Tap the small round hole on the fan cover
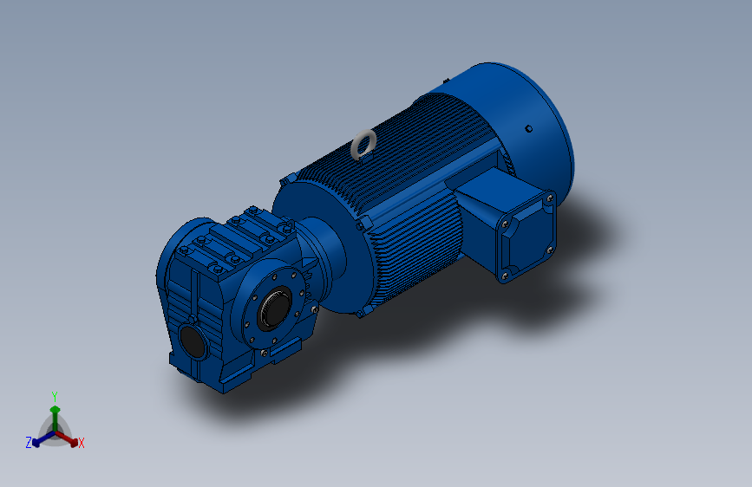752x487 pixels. (528, 128)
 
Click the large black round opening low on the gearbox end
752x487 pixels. (193, 341)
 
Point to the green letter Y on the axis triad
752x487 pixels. (55, 396)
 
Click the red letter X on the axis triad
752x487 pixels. (81, 443)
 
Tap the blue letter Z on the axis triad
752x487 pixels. (29, 443)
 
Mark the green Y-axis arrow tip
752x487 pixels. (56, 408)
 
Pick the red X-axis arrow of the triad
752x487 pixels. (67, 438)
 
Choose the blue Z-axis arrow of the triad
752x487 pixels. (43, 438)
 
